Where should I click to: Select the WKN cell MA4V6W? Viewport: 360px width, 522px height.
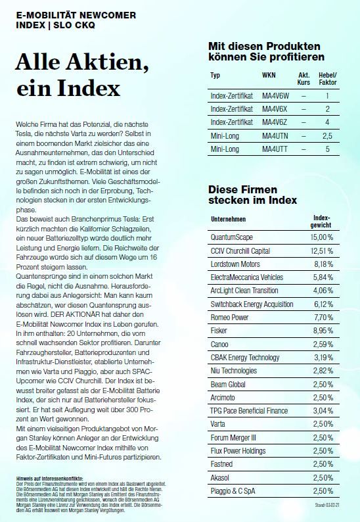click(275, 95)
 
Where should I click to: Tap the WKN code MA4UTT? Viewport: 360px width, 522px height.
click(275, 149)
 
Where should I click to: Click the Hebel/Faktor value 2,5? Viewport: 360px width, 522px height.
click(326, 136)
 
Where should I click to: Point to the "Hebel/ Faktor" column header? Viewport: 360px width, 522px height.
click(326, 79)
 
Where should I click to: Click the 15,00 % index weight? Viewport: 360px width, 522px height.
click(322, 236)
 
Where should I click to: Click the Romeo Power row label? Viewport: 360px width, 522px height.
click(229, 318)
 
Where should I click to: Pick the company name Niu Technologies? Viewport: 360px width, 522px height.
click(236, 371)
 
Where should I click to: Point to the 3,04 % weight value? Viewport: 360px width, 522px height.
click(323, 411)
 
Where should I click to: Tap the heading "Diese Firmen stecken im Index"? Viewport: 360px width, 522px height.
click(252, 195)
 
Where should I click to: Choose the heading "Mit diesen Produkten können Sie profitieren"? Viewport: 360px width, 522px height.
click(264, 53)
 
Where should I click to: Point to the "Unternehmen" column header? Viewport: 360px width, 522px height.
click(230, 219)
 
